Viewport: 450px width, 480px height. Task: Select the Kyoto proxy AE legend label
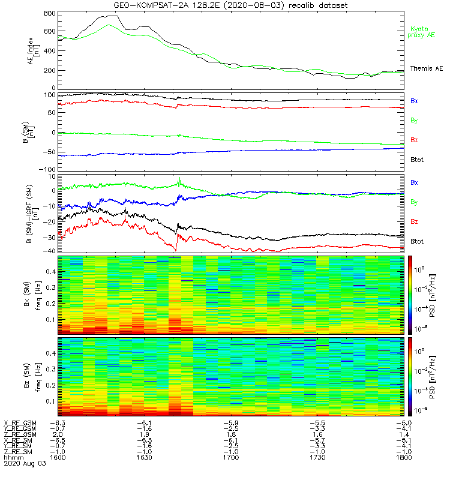point(422,31)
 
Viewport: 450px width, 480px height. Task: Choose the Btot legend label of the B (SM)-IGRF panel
point(418,241)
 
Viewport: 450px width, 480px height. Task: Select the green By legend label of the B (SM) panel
point(415,121)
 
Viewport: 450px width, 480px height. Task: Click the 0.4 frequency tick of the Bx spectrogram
point(50,272)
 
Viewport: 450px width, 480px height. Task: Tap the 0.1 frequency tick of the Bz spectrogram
point(50,401)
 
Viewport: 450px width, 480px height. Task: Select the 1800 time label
point(404,457)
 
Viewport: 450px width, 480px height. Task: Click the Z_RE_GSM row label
point(20,434)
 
